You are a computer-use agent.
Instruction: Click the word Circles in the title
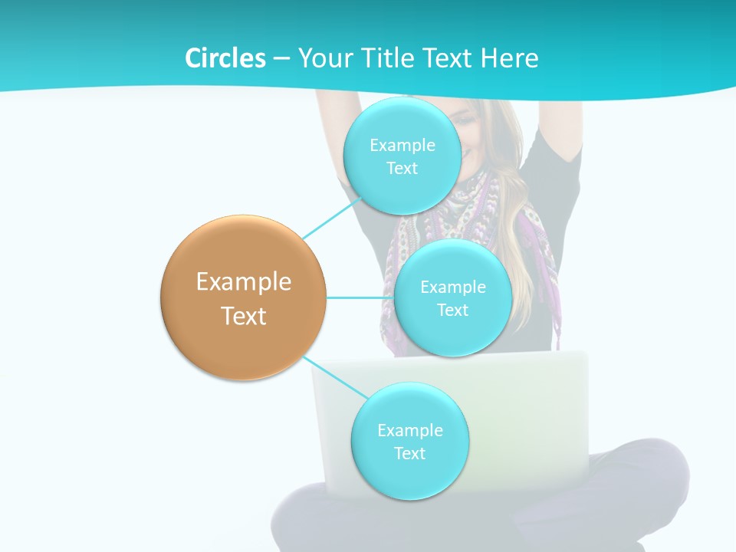(x=225, y=58)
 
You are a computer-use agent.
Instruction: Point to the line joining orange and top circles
(x=331, y=219)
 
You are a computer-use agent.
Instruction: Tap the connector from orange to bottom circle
(x=334, y=376)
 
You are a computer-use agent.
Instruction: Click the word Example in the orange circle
(x=244, y=282)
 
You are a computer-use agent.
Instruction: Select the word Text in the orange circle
(x=244, y=316)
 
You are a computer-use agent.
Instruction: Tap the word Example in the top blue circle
(x=402, y=146)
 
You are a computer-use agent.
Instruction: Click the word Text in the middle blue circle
(x=452, y=310)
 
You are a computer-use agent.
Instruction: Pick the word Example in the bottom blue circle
(x=409, y=431)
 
